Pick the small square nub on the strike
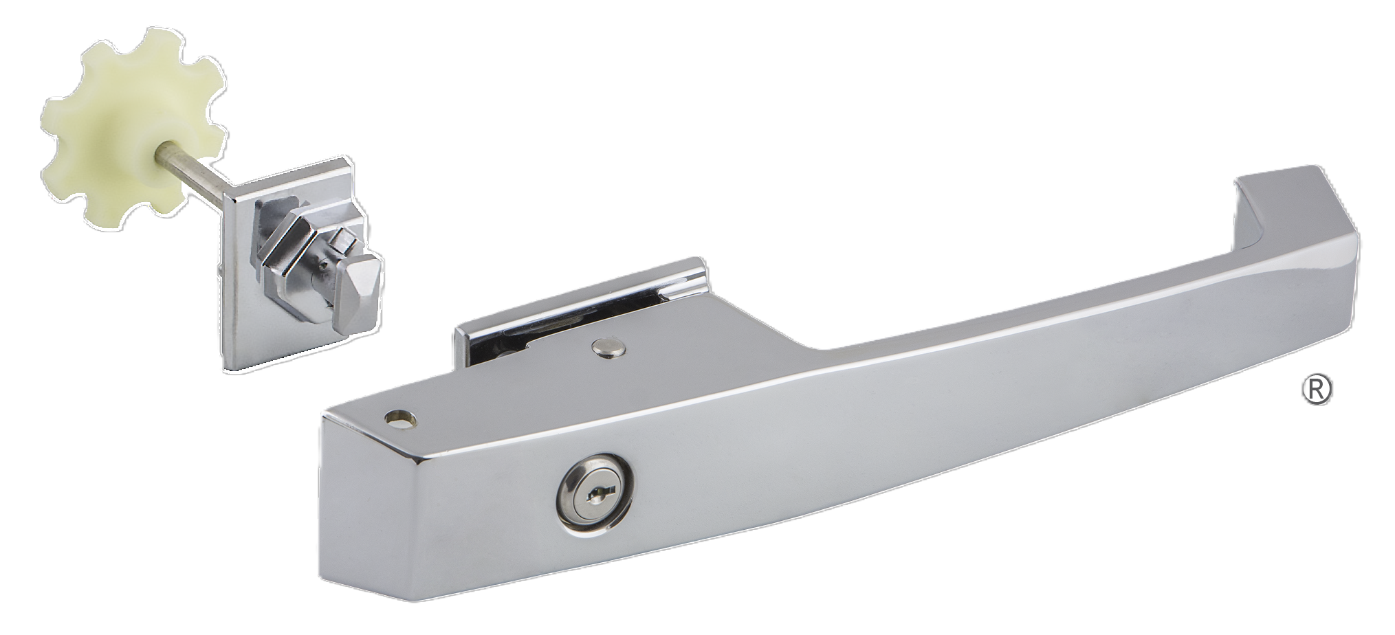click(x=338, y=241)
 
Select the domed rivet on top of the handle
click(x=608, y=348)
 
